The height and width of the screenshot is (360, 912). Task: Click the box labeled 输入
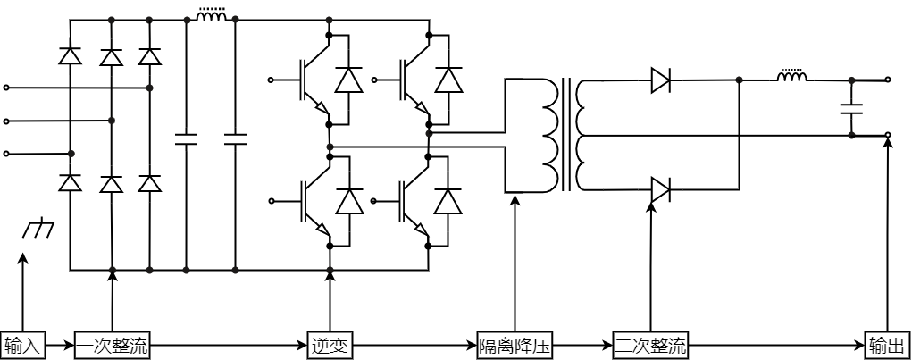(x=22, y=345)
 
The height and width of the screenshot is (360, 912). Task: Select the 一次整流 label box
(x=112, y=345)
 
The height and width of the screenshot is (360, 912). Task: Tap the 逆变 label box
(x=330, y=345)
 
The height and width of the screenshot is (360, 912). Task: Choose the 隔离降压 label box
(x=515, y=345)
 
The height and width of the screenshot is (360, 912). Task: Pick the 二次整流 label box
(x=650, y=345)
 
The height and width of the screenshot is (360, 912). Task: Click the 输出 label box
(x=887, y=345)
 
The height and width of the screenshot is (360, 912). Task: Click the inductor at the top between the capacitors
(x=211, y=16)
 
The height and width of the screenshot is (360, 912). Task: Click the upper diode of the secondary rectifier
(x=660, y=80)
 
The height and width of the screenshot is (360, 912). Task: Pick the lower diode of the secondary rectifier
(x=660, y=189)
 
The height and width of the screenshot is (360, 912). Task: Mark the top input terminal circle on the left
(x=7, y=88)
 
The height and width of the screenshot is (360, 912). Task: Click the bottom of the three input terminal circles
(x=7, y=154)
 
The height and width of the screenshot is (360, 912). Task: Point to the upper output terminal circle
(x=888, y=80)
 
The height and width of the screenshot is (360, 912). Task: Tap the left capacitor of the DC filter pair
(x=187, y=138)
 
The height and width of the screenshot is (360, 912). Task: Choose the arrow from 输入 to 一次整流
(x=58, y=345)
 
